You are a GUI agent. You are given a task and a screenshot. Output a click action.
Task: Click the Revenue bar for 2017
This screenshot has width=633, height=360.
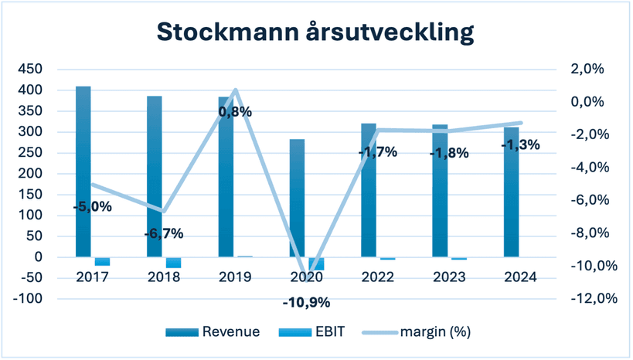pos(83,172)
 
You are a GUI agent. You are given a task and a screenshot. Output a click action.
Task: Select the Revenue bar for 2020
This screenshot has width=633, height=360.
pos(297,198)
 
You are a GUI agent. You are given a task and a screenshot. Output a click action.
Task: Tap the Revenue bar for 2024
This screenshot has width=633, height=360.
pos(512,192)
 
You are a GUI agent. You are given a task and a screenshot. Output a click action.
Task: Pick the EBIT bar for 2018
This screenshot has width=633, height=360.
pos(174,263)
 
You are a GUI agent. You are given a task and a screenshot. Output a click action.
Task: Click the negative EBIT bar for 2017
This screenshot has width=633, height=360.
pos(103,261)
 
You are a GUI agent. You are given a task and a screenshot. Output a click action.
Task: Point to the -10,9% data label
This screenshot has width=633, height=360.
pos(306,302)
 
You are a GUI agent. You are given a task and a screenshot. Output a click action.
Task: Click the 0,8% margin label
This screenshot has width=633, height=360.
pos(236,112)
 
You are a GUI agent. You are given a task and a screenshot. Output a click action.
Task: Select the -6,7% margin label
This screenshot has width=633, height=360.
pos(164,233)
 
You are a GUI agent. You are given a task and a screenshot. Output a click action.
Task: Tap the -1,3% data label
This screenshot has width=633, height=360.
pos(521,144)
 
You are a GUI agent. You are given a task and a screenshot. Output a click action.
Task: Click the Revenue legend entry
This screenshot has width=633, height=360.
pos(213,331)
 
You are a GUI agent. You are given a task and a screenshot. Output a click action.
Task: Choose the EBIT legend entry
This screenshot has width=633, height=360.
pos(311,331)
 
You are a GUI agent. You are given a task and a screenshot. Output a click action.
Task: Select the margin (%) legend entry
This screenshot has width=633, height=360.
pos(417,331)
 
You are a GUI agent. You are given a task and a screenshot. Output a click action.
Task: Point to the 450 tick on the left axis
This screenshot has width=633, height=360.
pos(30,69)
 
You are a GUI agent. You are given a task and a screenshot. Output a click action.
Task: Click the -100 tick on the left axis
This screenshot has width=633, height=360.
pos(28,299)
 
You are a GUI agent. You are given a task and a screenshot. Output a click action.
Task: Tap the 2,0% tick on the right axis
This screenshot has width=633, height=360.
pos(587,69)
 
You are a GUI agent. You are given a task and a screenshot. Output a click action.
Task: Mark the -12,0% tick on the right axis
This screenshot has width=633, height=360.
pos(594,299)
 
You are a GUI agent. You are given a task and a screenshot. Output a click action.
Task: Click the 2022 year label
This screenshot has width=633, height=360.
pos(378,277)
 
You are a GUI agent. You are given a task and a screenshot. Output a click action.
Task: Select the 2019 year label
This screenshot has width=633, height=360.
pos(236,277)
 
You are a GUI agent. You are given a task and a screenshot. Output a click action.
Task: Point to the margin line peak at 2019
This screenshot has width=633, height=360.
pos(236,90)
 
